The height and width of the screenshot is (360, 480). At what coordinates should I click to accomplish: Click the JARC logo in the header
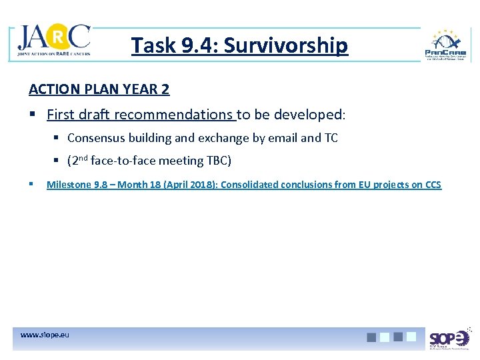coord(54,41)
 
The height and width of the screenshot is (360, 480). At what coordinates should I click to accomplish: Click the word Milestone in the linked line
coord(69,185)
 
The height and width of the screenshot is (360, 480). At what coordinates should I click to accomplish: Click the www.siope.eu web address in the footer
coord(44,334)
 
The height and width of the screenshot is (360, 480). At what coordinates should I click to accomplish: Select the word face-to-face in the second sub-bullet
coord(124,161)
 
